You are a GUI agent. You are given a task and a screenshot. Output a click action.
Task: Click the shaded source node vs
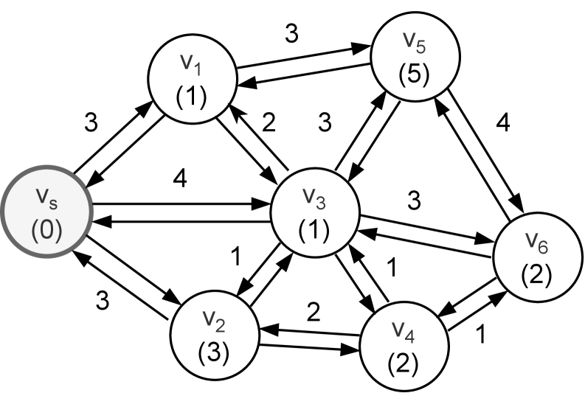click(47, 212)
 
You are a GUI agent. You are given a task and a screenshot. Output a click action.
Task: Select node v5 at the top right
click(415, 56)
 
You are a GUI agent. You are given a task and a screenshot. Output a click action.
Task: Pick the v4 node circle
click(404, 346)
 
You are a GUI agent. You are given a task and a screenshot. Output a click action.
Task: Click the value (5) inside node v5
click(414, 74)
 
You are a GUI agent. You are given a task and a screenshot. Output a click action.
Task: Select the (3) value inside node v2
click(214, 351)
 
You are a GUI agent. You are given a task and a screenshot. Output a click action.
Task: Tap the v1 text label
click(191, 63)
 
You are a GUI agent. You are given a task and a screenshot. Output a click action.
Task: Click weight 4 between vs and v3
click(180, 179)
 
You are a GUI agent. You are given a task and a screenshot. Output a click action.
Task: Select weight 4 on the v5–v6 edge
click(503, 122)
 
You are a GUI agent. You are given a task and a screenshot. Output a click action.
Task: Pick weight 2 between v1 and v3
click(269, 122)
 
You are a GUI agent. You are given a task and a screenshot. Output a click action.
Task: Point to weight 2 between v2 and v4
click(314, 312)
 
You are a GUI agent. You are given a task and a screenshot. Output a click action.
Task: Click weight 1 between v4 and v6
click(482, 334)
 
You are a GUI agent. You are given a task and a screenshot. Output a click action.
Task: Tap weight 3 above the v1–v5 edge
click(291, 33)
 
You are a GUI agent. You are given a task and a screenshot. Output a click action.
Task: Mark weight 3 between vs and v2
click(103, 301)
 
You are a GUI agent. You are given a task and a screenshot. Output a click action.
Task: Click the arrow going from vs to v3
click(181, 204)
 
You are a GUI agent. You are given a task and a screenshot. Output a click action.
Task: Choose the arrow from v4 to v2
click(309, 333)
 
